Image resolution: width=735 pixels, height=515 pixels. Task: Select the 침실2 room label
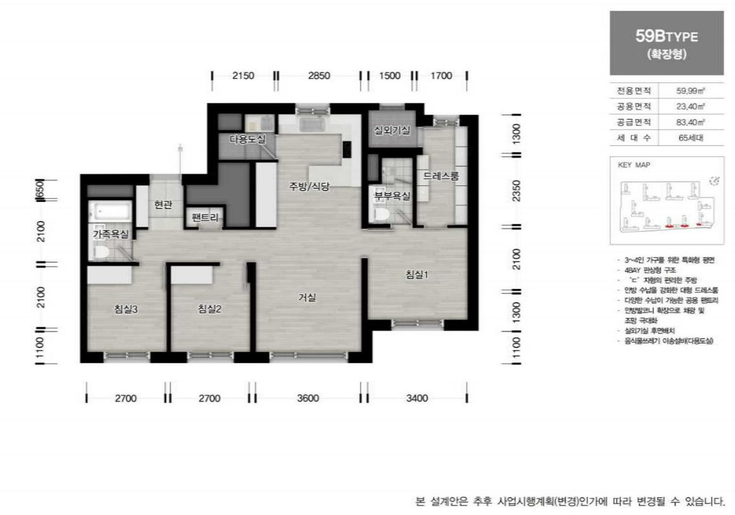pos(209,309)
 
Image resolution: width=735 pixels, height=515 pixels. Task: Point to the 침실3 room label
pos(126,309)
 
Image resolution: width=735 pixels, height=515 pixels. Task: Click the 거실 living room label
pos(307,297)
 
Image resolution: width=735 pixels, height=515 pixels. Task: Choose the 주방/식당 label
pos(309,187)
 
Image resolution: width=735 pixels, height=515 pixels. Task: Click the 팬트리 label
pos(206,218)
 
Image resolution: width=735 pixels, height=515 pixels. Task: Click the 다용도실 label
pos(248,138)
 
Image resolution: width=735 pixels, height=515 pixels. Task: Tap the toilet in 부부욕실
pos(381,215)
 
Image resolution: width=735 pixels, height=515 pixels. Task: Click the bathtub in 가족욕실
pos(110,210)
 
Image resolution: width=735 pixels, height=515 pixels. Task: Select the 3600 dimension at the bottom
pos(307,399)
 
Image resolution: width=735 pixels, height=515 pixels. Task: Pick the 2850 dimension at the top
pos(319,76)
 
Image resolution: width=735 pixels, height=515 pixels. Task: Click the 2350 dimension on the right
pos(516,191)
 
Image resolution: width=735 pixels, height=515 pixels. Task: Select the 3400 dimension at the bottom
pos(417,399)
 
